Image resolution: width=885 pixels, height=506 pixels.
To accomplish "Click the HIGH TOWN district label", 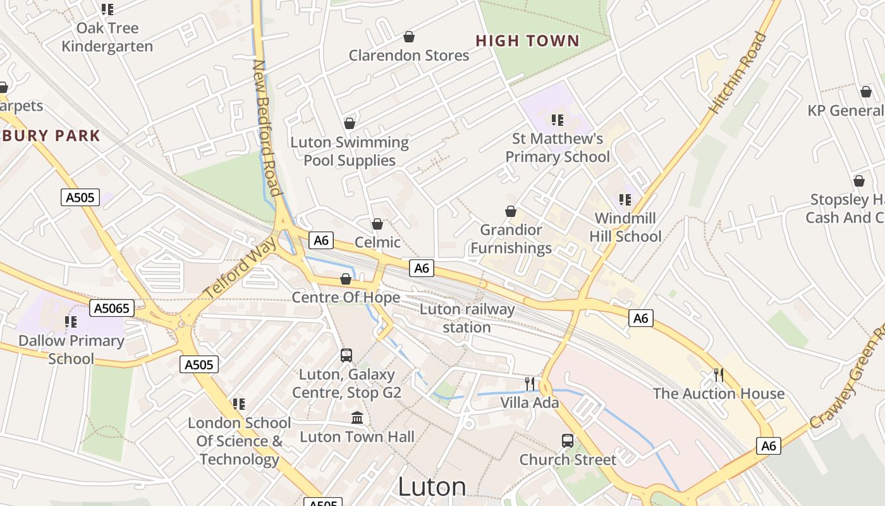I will pos(527,41).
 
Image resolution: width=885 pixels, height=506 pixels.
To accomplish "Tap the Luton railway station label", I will pos(467,318).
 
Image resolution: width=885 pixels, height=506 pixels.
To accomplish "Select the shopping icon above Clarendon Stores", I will pos(409,37).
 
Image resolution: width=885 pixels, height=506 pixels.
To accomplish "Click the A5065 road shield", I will pos(112,309).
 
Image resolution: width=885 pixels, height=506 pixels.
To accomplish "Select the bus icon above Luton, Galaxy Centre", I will pos(346,355).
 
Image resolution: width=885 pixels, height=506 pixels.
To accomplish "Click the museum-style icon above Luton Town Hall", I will pos(357,418).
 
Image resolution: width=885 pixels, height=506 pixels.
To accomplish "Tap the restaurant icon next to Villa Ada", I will pos(530,383).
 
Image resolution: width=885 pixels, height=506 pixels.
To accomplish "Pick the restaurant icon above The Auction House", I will pos(719,375).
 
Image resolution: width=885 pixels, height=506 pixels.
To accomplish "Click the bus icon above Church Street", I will pos(568,441).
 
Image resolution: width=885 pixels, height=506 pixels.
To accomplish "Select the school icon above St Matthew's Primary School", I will pos(557,120).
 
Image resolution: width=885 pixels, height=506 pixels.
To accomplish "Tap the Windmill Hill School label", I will pos(625,228).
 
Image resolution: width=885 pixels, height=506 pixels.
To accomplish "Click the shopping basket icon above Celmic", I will pos(377,224).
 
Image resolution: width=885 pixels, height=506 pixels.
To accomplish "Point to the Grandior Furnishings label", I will pos(511,239).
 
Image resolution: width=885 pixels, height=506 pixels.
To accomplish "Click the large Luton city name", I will pos(432,487).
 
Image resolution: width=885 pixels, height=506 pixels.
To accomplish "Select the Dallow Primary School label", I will pos(71,349).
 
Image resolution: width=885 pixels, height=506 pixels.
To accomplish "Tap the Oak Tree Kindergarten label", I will pos(107,37).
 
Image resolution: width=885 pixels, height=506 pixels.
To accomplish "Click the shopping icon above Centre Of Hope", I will pos(346,279).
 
